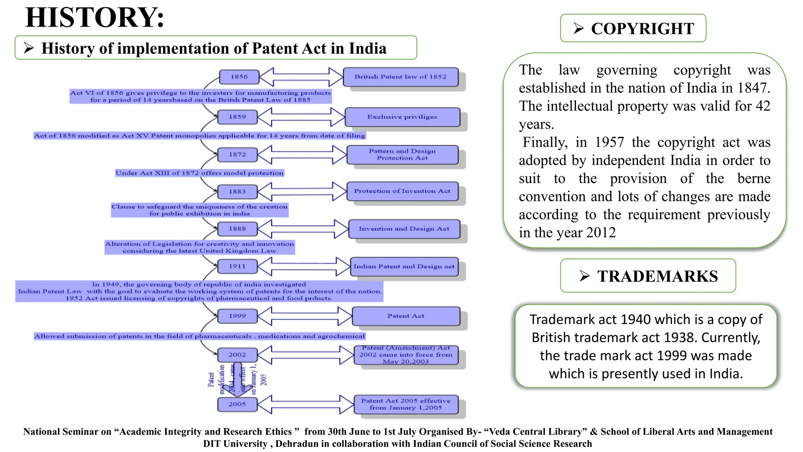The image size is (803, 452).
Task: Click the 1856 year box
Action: point(239,77)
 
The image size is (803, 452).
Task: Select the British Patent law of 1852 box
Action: point(400,77)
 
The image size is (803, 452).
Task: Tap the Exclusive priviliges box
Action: point(402,117)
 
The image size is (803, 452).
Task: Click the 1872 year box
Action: point(237,155)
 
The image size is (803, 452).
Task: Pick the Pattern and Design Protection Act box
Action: point(402,155)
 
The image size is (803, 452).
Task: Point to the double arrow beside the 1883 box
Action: point(302,191)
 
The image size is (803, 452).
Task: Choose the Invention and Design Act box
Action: point(404,229)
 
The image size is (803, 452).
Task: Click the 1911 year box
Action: point(237,266)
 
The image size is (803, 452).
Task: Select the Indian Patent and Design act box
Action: point(404,266)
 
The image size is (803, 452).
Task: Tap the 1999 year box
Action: point(237,316)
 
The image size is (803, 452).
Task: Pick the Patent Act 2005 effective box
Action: point(405,404)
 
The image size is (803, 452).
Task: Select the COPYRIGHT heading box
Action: point(633,28)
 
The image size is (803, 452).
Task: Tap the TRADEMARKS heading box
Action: point(648,276)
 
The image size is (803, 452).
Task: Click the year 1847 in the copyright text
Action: point(751,88)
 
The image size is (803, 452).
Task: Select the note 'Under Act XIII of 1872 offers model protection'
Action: point(199,173)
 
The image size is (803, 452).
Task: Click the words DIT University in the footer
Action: point(235,444)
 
